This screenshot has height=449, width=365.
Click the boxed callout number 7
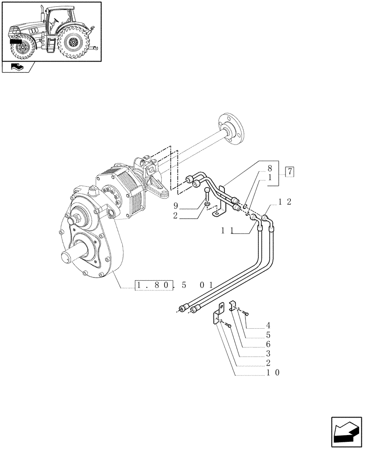(290, 171)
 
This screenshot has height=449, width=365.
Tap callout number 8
(269, 169)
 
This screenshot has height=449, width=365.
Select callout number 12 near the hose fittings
(285, 202)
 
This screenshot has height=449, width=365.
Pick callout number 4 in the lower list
(268, 325)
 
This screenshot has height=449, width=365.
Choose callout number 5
(268, 335)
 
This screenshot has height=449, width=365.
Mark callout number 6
(268, 344)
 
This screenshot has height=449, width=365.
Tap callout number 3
(268, 354)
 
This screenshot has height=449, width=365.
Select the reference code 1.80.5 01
(174, 285)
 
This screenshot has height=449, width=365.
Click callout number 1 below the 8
(269, 178)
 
